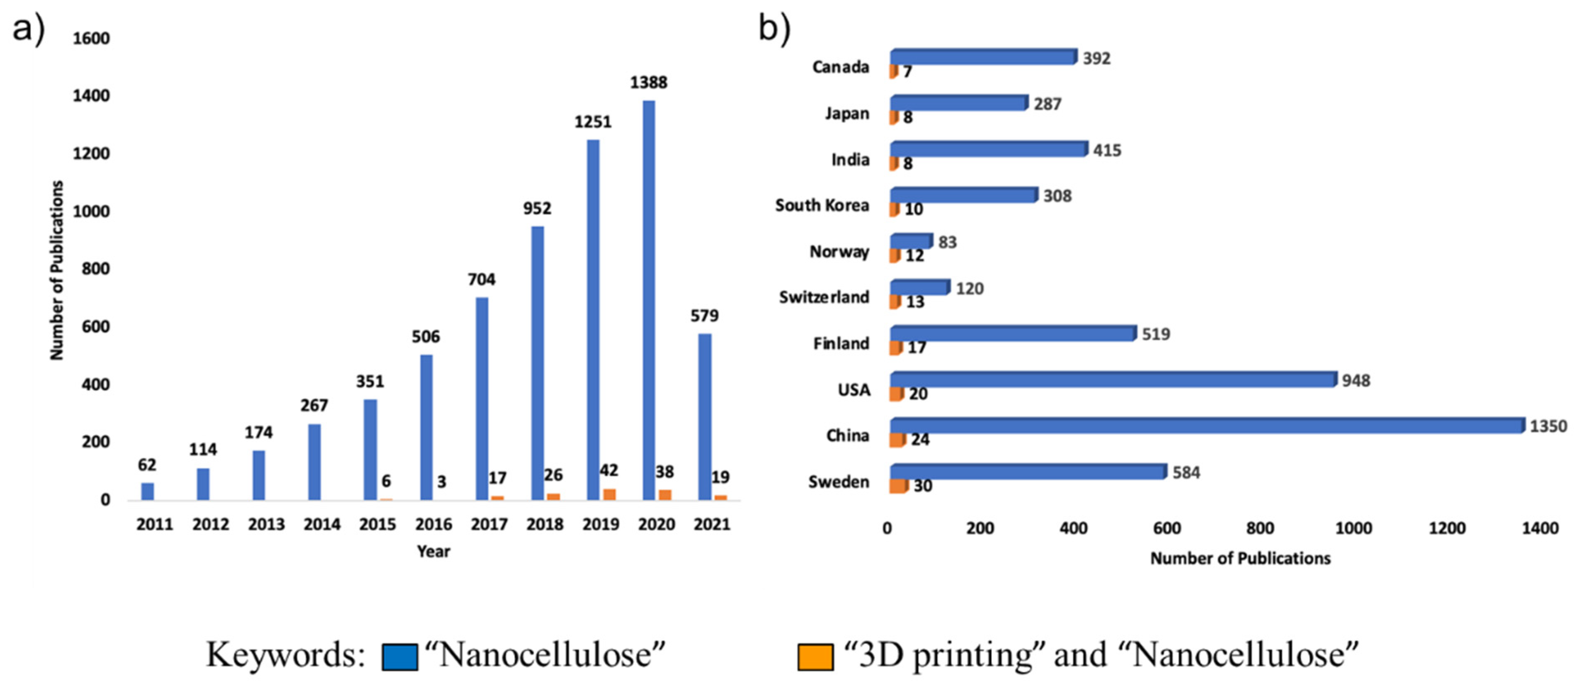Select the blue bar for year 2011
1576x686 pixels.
pyautogui.click(x=148, y=491)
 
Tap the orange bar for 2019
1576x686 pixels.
pyautogui.click(x=609, y=494)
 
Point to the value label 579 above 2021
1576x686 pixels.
pyautogui.click(x=704, y=316)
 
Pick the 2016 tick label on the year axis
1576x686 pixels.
pyautogui.click(x=433, y=524)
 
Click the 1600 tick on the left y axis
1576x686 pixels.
pyautogui.click(x=91, y=39)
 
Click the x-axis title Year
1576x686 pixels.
pyautogui.click(x=433, y=551)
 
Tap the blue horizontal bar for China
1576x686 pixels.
pyautogui.click(x=1205, y=425)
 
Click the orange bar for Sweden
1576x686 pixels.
pyautogui.click(x=898, y=486)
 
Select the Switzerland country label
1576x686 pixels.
pyautogui.click(x=824, y=297)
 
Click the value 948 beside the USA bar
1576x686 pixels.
pyautogui.click(x=1356, y=381)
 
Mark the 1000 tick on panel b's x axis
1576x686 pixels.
pyautogui.click(x=1353, y=528)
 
